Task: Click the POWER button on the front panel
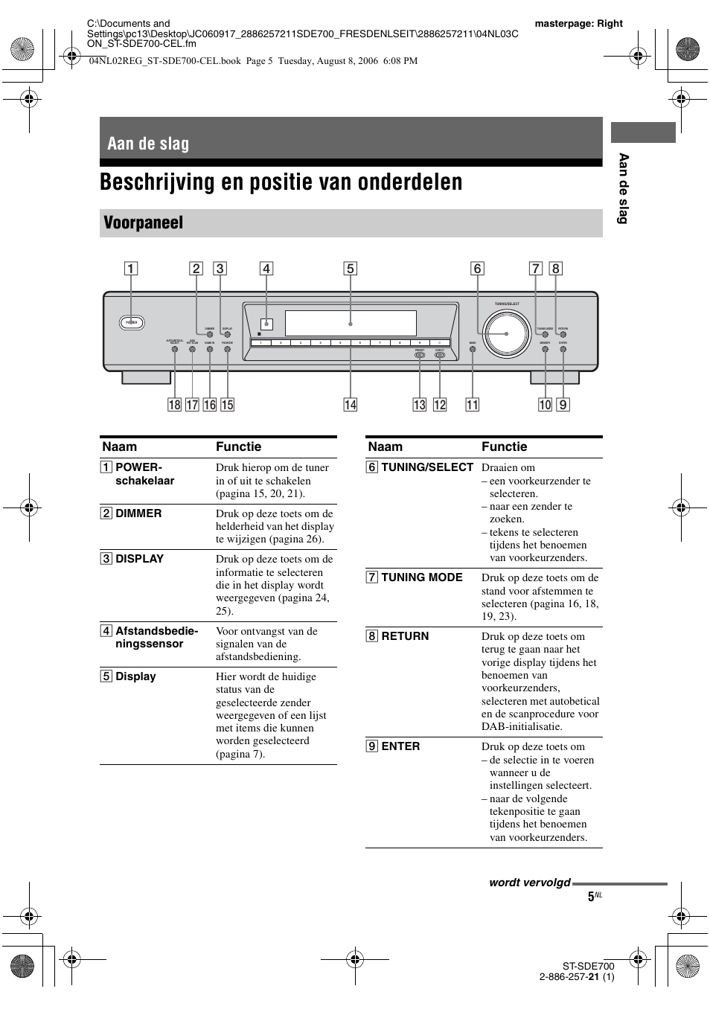(132, 322)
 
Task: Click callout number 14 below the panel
(350, 405)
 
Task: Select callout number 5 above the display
(350, 269)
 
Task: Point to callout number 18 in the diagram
(174, 405)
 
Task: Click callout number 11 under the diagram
(473, 405)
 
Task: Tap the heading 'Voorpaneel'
(144, 223)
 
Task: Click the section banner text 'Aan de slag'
(148, 144)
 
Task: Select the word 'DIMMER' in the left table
(138, 513)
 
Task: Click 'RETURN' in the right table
(405, 636)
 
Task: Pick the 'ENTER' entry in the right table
(400, 746)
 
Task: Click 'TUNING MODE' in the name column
(421, 577)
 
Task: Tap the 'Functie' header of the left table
(238, 446)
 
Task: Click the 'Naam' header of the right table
(385, 446)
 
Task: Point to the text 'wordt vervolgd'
(529, 883)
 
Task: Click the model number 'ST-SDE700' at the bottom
(588, 966)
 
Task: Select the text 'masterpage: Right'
(578, 23)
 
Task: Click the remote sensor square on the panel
(266, 324)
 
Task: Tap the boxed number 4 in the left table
(107, 631)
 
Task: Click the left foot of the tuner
(146, 377)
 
